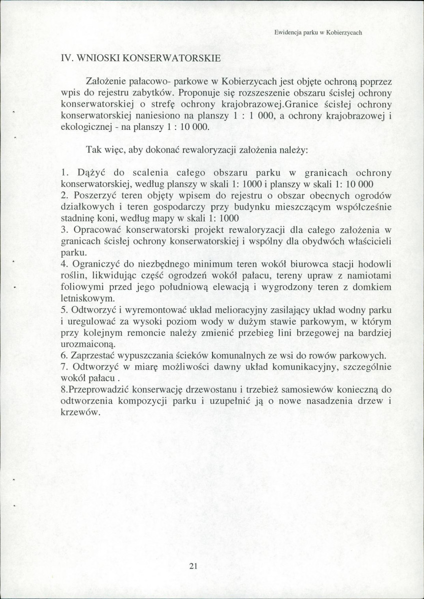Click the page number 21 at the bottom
coord(194,566)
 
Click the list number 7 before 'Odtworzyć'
coord(63,368)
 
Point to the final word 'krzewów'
coord(79,414)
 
